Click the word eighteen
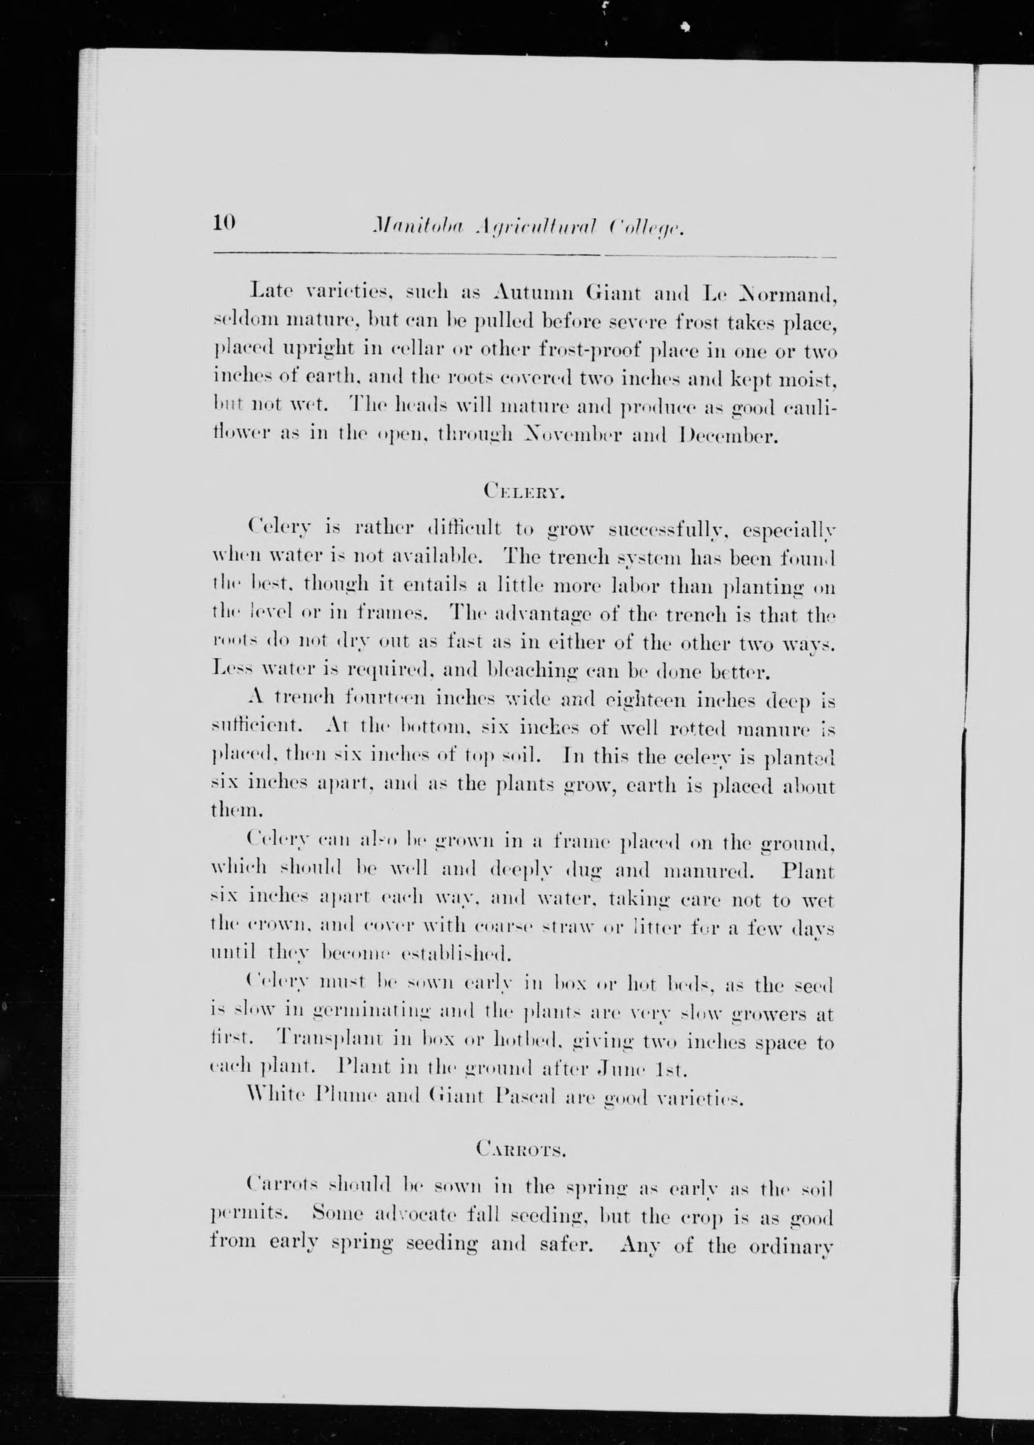point(641,701)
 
